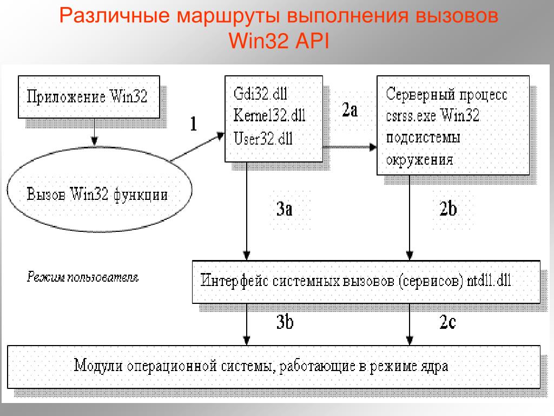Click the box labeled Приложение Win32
89,98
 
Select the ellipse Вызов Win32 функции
98,194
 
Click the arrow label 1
193,124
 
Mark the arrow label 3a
284,209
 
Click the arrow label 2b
448,209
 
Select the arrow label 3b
285,322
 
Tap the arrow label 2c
447,322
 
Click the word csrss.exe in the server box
410,115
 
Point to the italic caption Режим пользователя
83,278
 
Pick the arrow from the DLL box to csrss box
349,147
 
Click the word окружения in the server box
419,160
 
